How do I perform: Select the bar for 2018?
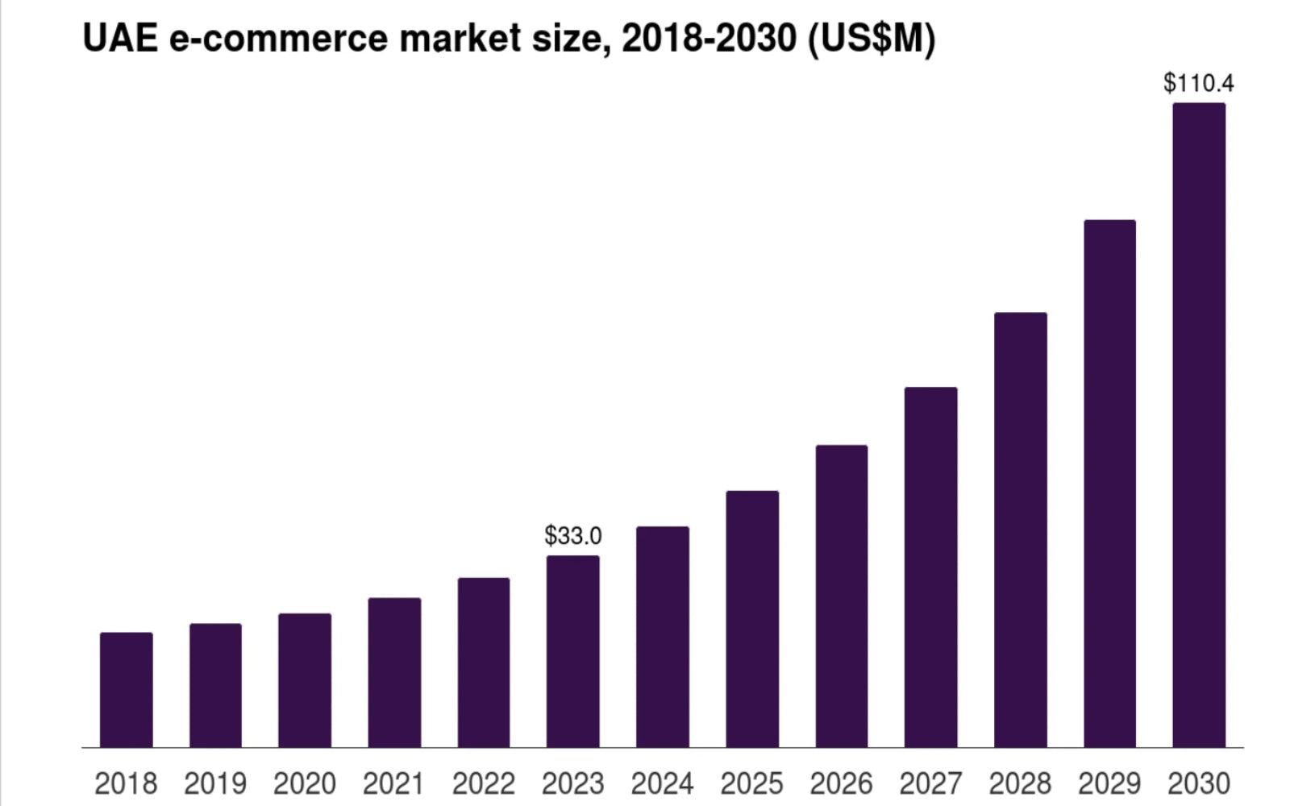[x=127, y=690]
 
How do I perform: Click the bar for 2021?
[x=394, y=673]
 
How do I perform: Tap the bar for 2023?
[x=572, y=651]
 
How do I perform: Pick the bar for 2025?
[x=752, y=619]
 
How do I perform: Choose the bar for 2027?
[x=930, y=567]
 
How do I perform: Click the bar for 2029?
[x=1109, y=484]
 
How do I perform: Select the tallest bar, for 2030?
[x=1199, y=426]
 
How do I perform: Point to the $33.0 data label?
[x=572, y=535]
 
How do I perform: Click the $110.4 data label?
[x=1198, y=83]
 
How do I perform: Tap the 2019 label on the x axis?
[x=215, y=783]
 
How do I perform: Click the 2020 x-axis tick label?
[x=305, y=783]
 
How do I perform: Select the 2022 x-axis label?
[x=484, y=783]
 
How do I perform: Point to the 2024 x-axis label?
[x=662, y=783]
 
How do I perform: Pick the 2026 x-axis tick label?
[x=841, y=783]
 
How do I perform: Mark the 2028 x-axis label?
[x=1020, y=783]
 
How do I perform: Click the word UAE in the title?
[x=121, y=38]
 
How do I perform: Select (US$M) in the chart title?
[x=872, y=38]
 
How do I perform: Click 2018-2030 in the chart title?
[x=709, y=38]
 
